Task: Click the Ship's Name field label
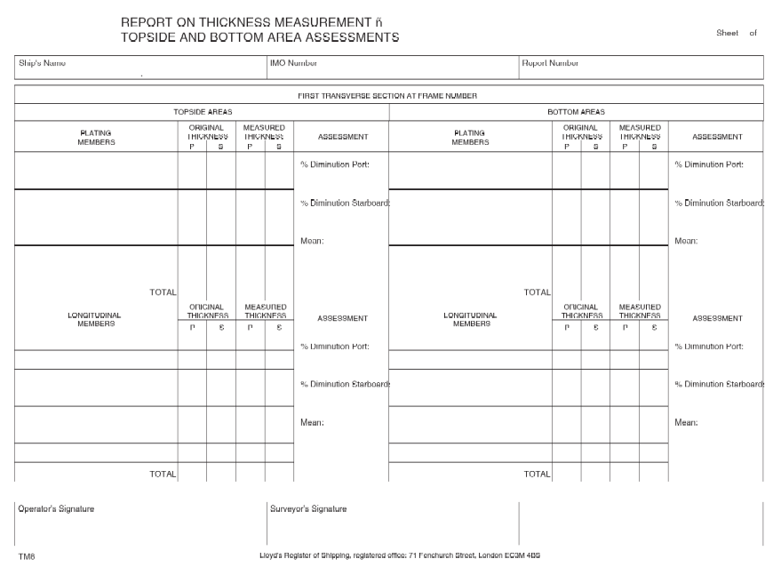(x=42, y=63)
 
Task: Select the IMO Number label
(x=293, y=63)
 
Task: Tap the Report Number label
(x=550, y=63)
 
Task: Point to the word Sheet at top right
(x=726, y=32)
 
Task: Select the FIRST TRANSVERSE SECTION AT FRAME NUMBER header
(x=389, y=94)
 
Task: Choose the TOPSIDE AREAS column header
(x=202, y=112)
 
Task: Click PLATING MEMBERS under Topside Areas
(x=96, y=137)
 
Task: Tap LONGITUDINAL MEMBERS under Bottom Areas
(x=470, y=318)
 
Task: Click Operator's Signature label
(x=56, y=509)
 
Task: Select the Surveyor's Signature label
(x=308, y=509)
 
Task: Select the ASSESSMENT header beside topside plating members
(x=342, y=137)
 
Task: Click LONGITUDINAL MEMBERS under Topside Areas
(x=96, y=318)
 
